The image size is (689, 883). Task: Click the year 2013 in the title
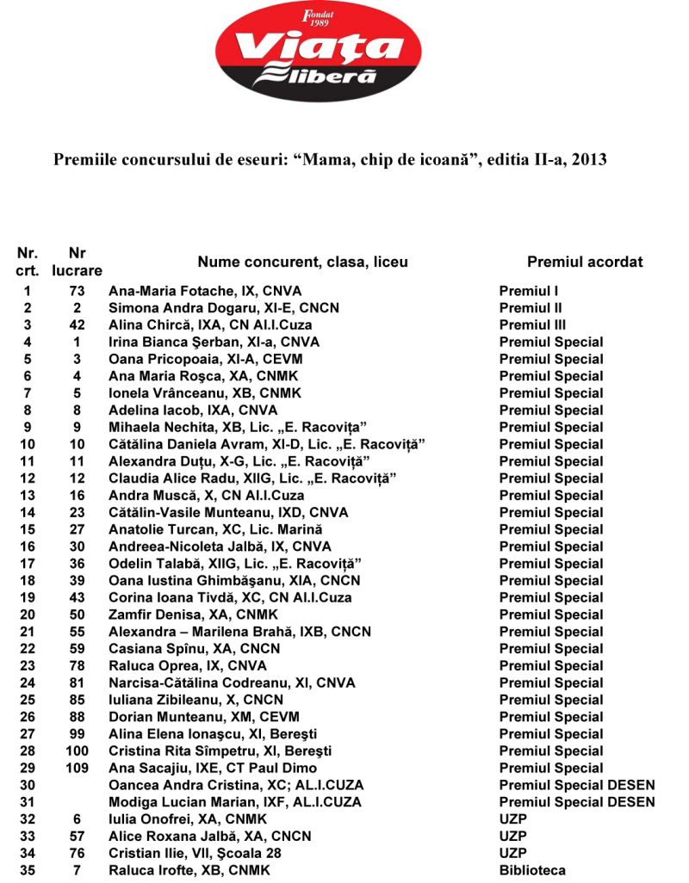(x=590, y=159)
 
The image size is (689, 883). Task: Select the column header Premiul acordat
(x=585, y=262)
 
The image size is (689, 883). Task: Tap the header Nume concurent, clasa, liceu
(x=303, y=262)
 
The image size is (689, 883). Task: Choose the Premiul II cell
(x=531, y=308)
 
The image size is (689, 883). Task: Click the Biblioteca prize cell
(x=532, y=870)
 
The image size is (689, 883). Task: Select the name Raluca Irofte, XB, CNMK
(x=189, y=870)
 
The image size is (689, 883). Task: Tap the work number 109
(x=77, y=768)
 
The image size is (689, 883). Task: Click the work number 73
(x=77, y=291)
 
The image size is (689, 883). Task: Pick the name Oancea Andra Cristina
(x=236, y=785)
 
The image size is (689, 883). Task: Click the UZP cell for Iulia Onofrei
(x=512, y=819)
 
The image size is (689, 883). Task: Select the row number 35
(x=28, y=870)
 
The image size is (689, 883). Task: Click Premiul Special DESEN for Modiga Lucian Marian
(x=577, y=802)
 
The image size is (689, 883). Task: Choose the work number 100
(x=77, y=750)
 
